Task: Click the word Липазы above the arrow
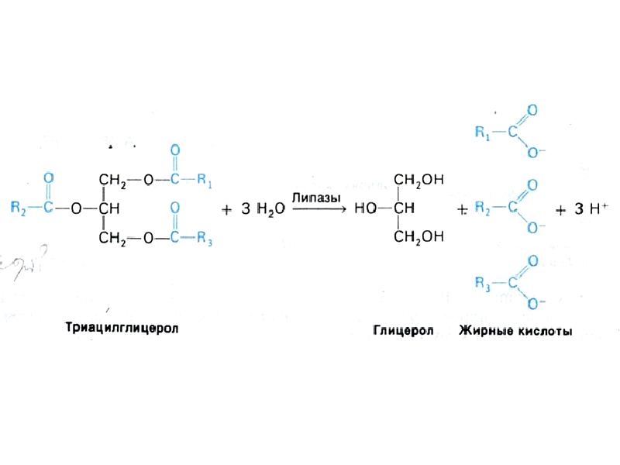coord(316,198)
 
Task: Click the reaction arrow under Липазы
coord(319,208)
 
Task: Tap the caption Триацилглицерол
coord(122,328)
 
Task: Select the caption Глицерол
coord(403,330)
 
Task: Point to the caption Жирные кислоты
coord(515,331)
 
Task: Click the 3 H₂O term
coord(263,208)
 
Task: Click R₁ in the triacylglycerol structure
coord(205,181)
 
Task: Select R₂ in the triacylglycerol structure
coord(19,208)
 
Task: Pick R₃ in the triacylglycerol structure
coord(205,238)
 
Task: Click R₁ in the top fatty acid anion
coord(482,133)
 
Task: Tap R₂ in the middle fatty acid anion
coord(482,208)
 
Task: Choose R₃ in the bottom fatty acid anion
coord(482,284)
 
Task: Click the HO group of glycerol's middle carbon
coord(365,208)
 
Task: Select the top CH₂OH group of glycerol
coord(418,180)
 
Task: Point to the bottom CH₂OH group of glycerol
coord(418,237)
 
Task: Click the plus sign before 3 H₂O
coord(226,209)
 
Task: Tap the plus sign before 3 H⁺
coord(560,210)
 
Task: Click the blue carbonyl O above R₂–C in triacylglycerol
coord(48,178)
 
